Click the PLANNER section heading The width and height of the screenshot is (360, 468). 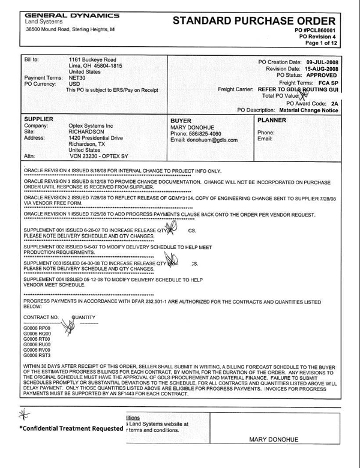tap(271, 119)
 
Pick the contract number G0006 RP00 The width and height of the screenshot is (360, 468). tap(37, 328)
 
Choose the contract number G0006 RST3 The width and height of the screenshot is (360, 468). tap(37, 355)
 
